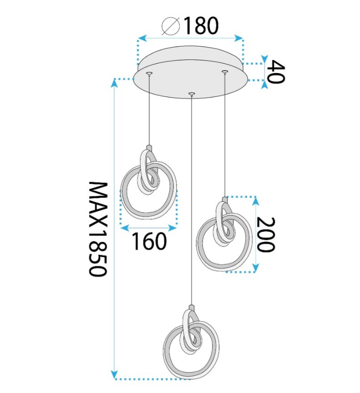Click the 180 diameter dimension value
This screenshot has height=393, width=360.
(x=201, y=26)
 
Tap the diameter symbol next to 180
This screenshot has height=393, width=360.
(x=171, y=26)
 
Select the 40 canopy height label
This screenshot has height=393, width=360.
(x=275, y=72)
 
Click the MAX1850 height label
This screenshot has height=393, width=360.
(x=98, y=229)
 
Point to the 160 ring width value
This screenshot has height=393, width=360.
(x=149, y=241)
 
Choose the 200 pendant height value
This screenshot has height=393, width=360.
(x=266, y=235)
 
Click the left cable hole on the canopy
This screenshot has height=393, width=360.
(x=149, y=73)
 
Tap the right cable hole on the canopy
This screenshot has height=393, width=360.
(x=224, y=72)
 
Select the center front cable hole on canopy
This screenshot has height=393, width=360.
(x=191, y=94)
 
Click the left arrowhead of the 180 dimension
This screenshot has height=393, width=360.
(x=142, y=38)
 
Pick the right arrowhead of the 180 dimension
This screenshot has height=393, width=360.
(x=238, y=38)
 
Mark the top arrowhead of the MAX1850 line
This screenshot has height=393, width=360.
(x=114, y=83)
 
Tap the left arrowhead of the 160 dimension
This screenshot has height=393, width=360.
(x=125, y=228)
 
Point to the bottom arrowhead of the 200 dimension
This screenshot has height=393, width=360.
(x=255, y=267)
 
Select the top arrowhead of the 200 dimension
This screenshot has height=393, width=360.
(x=255, y=201)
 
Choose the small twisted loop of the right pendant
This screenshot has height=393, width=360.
(x=224, y=223)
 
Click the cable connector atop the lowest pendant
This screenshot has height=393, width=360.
(x=191, y=307)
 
